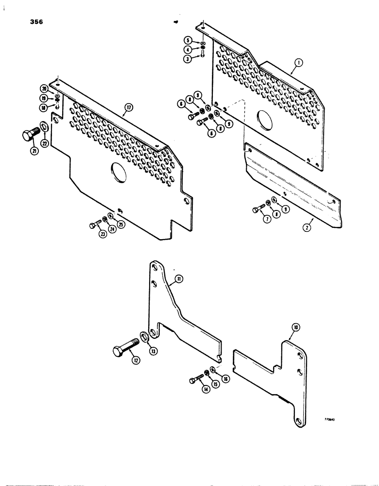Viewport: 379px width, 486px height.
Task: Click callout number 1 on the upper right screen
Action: point(298,63)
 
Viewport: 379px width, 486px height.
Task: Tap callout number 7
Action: point(256,219)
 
